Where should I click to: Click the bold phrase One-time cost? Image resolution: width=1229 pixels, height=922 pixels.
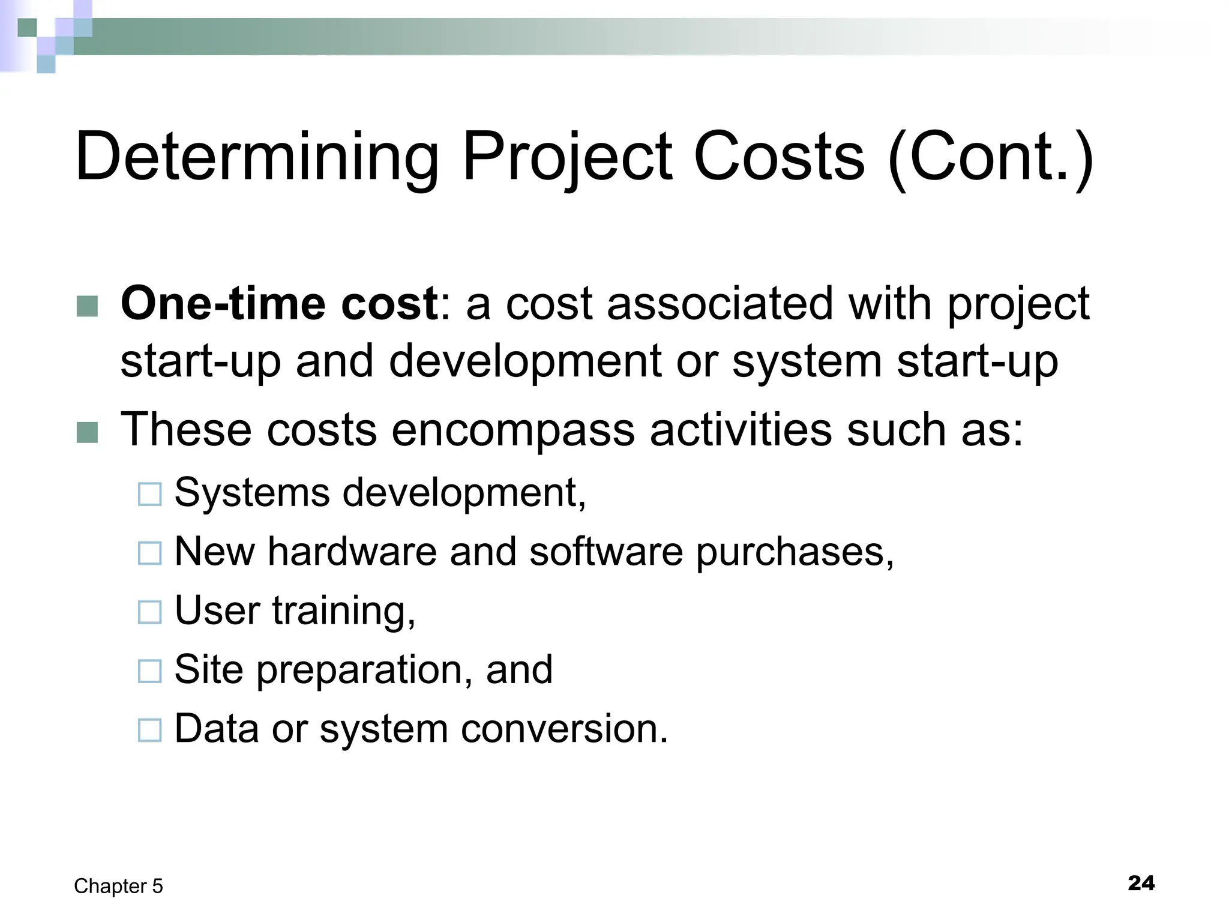[279, 304]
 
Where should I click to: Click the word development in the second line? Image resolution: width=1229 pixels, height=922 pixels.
[526, 361]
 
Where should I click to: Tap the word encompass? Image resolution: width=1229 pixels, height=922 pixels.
[513, 430]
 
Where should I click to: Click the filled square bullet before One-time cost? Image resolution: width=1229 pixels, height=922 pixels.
[88, 306]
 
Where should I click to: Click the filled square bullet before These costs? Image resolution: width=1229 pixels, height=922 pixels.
[88, 432]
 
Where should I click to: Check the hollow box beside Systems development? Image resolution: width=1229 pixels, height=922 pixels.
[149, 495]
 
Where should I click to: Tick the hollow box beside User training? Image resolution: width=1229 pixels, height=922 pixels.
[149, 612]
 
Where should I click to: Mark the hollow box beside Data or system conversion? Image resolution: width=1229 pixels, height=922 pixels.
[149, 731]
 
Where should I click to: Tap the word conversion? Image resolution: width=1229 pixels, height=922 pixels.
[564, 729]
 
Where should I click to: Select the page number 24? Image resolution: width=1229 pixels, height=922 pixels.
[1141, 883]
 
